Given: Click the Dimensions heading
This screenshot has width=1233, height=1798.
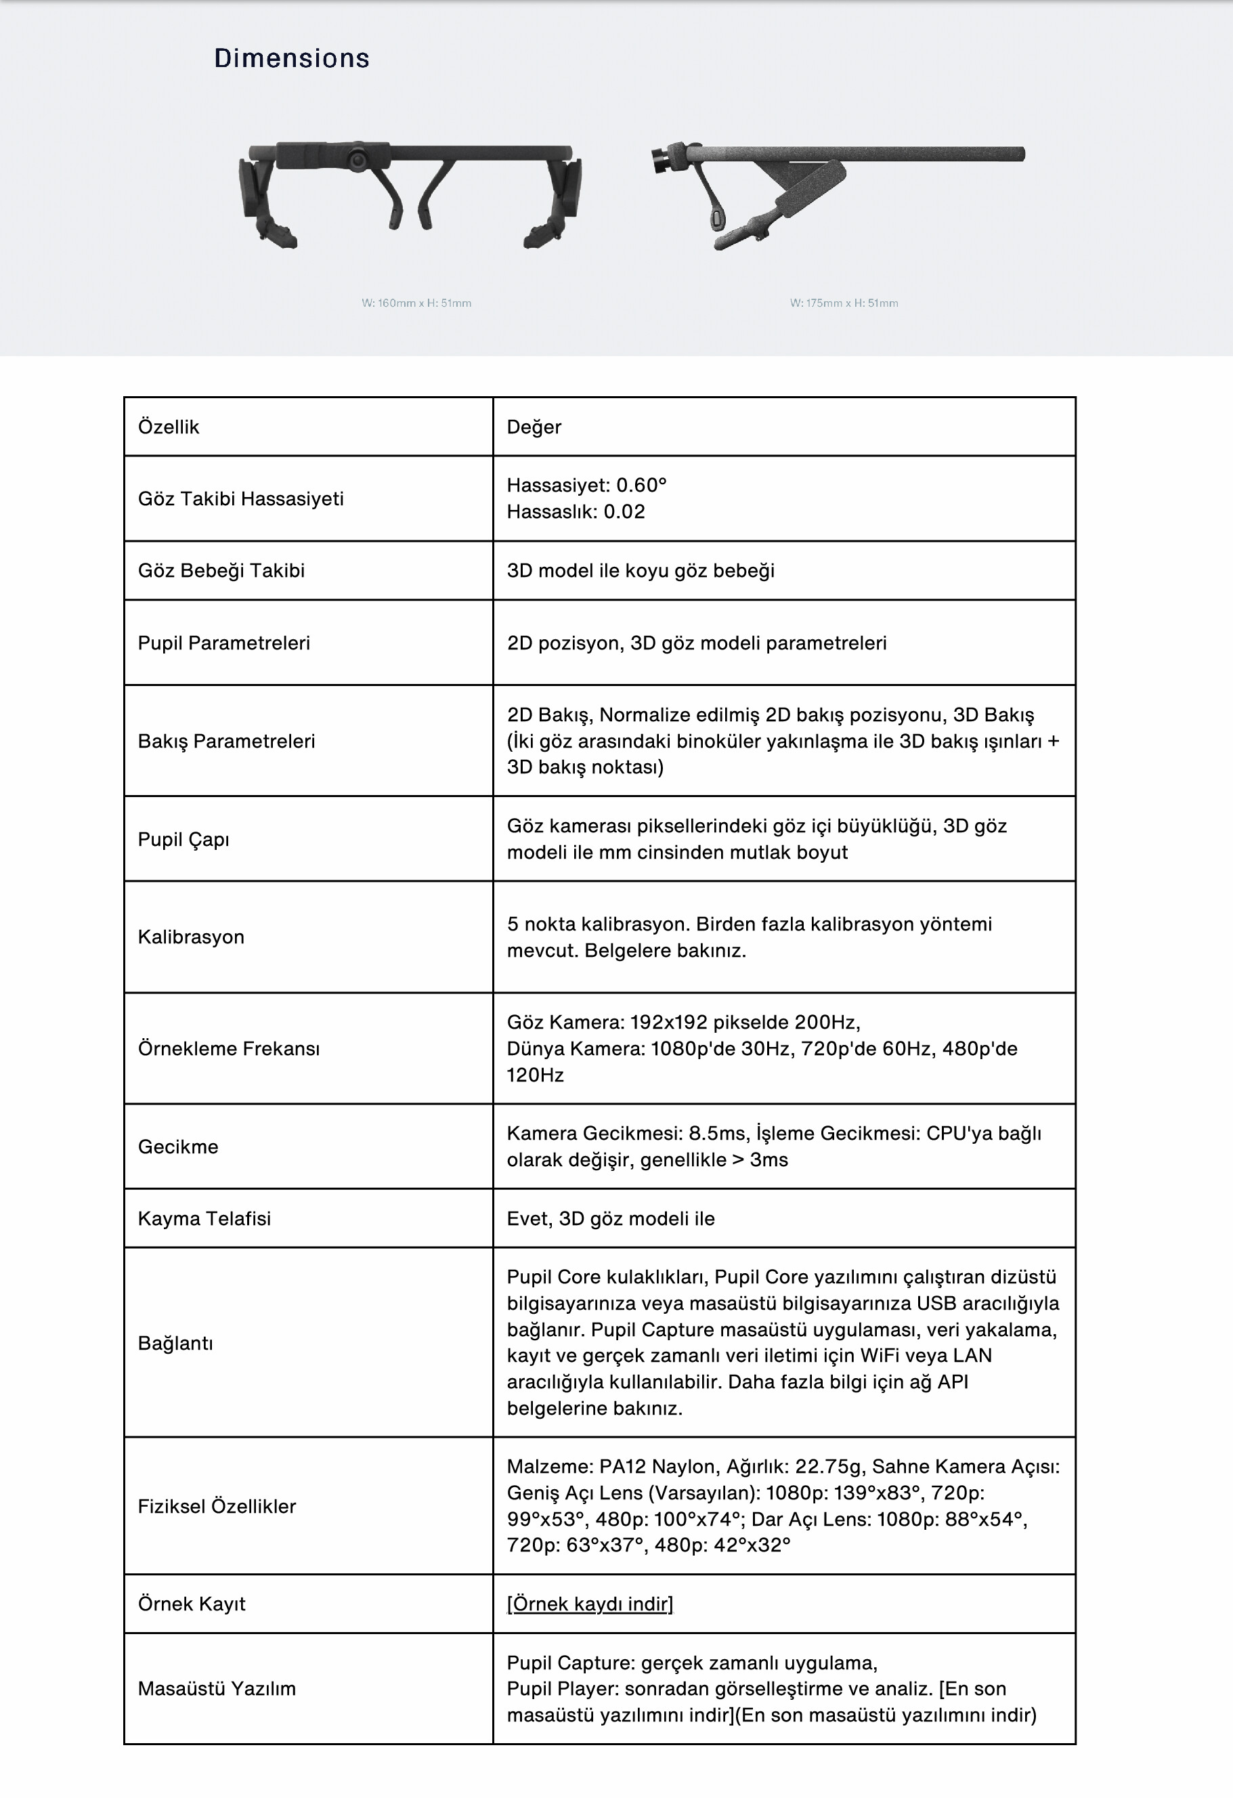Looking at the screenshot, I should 292,58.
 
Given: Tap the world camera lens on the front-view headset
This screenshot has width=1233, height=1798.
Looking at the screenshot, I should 358,159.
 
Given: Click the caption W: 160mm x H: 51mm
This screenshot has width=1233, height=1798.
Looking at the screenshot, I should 416,303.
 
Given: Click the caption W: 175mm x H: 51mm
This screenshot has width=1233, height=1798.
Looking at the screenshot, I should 844,303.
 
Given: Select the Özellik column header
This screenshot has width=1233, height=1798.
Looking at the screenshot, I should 169,427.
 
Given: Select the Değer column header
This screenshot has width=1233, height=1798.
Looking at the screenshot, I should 534,427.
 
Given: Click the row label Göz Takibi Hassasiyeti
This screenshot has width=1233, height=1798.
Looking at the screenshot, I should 240,498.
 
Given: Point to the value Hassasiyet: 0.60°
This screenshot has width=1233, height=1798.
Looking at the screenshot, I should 586,485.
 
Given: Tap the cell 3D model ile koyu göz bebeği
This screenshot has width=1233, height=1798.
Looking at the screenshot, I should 641,570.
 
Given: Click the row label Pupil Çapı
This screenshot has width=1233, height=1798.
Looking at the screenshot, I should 183,840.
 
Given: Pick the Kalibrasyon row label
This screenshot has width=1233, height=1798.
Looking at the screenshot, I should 191,937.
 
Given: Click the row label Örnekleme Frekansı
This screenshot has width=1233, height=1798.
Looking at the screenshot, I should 228,1048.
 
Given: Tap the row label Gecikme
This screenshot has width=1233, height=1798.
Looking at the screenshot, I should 178,1147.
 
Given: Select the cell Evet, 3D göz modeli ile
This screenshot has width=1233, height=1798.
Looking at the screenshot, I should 610,1218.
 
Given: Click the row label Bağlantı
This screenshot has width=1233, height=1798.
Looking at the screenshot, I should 175,1343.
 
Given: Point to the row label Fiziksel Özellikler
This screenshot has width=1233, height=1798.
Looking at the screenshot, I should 217,1506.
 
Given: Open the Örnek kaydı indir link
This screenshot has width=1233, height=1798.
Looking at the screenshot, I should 590,1604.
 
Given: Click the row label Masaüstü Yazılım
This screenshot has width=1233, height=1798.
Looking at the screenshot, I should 217,1689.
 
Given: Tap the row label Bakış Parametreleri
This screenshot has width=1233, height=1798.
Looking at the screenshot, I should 226,741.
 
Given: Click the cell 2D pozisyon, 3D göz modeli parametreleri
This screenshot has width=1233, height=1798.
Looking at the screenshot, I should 696,643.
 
